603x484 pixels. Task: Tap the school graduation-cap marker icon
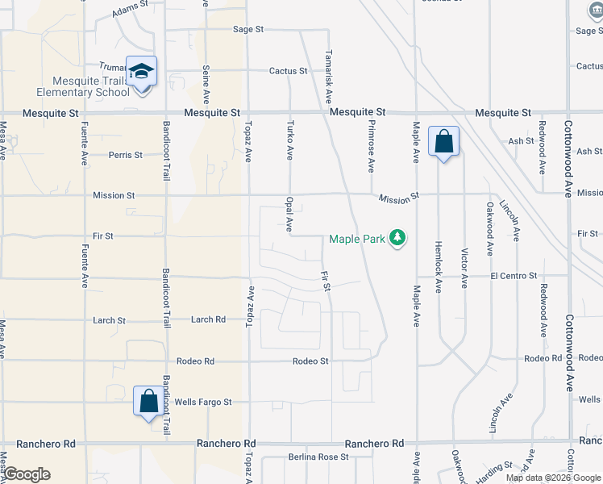tap(142, 73)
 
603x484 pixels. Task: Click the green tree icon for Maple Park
tap(397, 238)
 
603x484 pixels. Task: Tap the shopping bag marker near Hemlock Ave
tap(443, 142)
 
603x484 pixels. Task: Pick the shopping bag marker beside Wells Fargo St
tap(149, 401)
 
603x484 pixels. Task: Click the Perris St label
tap(126, 154)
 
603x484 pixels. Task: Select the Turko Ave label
tap(291, 139)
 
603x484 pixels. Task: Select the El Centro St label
tap(513, 276)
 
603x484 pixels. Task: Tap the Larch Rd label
tap(208, 319)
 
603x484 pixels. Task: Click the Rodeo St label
tap(310, 361)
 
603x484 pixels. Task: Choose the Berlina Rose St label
tap(318, 457)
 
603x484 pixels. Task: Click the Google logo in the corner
tap(27, 474)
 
